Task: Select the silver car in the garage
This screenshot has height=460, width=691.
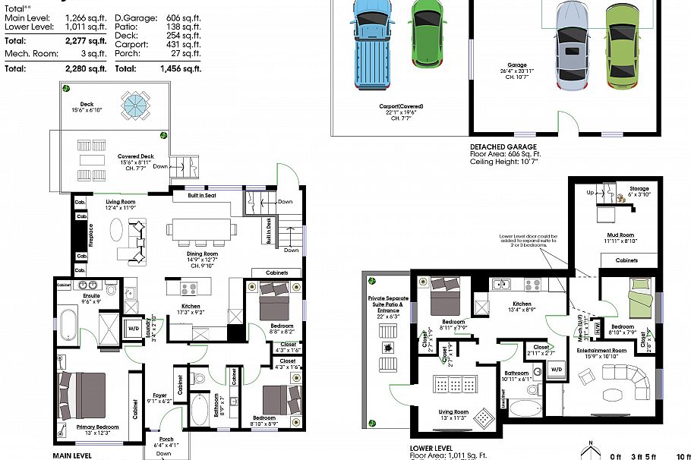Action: click(571, 46)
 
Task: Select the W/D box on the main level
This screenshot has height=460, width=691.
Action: click(134, 329)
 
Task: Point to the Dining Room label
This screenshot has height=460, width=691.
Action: click(203, 254)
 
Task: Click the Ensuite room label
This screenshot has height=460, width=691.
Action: click(92, 295)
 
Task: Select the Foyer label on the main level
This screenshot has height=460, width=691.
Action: click(160, 395)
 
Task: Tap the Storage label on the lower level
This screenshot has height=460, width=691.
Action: click(639, 189)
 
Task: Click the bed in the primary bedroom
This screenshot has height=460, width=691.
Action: click(84, 393)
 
